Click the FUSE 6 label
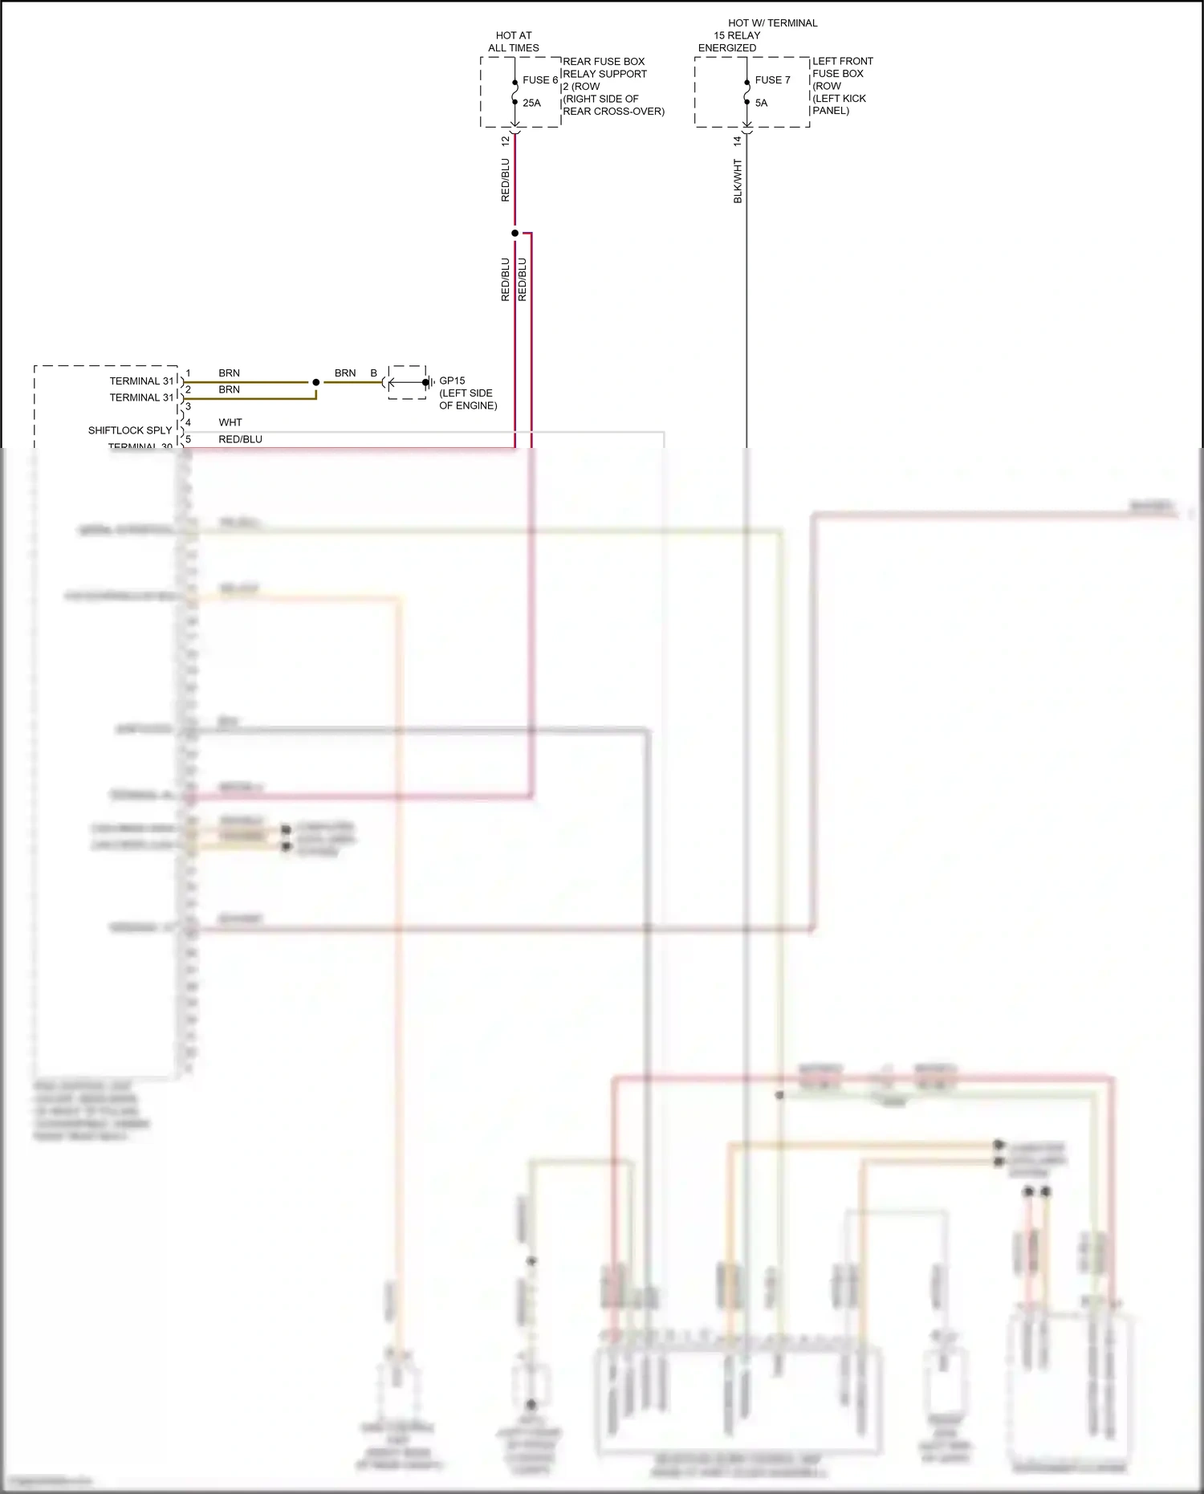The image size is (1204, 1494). click(x=539, y=80)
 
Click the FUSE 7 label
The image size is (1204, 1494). click(x=772, y=80)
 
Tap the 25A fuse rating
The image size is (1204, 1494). click(x=531, y=103)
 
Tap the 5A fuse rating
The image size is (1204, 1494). click(x=761, y=103)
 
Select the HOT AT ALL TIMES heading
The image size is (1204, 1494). click(x=514, y=42)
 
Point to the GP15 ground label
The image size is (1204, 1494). click(x=452, y=381)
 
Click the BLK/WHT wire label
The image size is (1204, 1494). click(x=738, y=181)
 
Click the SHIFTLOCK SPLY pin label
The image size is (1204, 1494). click(x=130, y=430)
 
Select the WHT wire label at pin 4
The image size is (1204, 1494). click(x=230, y=422)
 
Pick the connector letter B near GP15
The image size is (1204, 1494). click(x=373, y=373)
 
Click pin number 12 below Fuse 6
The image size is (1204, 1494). click(x=505, y=140)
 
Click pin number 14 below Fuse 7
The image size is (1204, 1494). click(x=737, y=140)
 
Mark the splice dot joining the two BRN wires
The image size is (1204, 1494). click(x=316, y=382)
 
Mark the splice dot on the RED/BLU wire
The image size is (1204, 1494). click(x=515, y=233)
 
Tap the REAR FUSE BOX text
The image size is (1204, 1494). click(x=604, y=62)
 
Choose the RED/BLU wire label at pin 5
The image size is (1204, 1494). click(x=240, y=439)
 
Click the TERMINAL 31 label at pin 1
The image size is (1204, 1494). click(x=141, y=381)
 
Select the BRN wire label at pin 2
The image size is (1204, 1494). click(x=229, y=389)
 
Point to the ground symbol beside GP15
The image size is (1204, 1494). click(x=431, y=382)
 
